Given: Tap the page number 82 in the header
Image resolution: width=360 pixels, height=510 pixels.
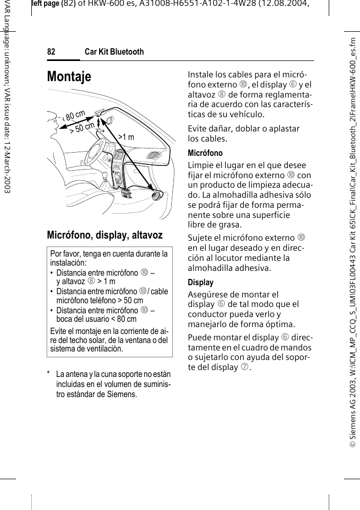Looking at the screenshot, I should coord(51,52).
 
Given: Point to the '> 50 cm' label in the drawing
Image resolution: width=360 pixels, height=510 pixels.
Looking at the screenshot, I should coord(82,127).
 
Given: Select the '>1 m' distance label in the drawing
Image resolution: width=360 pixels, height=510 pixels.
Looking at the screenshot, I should coord(126,137).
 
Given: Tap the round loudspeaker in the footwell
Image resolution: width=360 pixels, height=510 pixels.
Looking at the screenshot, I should coord(157,196).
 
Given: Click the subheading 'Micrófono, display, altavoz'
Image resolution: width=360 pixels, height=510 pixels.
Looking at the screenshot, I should coord(105,234).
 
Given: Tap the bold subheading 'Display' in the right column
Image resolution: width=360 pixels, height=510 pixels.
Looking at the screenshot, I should coord(201,283).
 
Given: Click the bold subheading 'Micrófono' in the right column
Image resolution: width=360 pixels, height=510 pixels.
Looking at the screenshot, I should coord(206,153).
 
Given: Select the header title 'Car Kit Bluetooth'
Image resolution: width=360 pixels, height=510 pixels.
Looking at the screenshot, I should coord(115,52).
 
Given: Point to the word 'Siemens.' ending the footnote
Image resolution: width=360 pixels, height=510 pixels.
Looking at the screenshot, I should coord(122,394).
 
